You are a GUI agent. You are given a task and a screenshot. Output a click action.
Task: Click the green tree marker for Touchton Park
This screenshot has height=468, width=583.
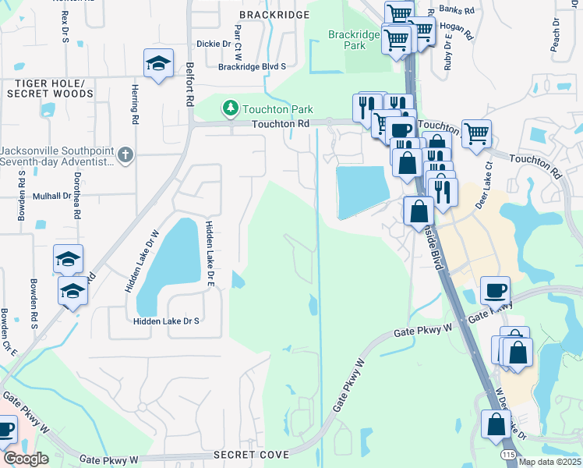(x=230, y=108)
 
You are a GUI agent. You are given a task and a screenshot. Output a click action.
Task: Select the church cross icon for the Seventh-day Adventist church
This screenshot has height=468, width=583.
(x=124, y=154)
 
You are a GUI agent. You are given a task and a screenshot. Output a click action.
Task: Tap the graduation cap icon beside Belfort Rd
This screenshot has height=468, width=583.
(x=158, y=65)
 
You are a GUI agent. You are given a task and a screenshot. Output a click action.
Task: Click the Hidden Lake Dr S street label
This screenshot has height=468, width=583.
(x=166, y=321)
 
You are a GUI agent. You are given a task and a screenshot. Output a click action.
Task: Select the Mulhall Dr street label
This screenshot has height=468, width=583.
(x=51, y=196)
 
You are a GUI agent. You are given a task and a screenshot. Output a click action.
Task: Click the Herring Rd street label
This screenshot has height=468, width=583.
(x=134, y=105)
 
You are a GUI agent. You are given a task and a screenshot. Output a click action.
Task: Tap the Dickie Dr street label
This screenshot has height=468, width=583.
(x=214, y=44)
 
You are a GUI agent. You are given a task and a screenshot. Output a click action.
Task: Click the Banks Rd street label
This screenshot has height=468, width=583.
(x=456, y=10)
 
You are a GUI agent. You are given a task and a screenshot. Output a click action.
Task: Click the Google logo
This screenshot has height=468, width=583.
(x=26, y=458)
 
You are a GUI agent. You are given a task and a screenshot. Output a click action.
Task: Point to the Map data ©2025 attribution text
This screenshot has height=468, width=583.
(x=549, y=462)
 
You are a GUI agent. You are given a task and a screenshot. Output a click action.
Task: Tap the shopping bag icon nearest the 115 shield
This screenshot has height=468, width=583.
(x=496, y=426)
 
